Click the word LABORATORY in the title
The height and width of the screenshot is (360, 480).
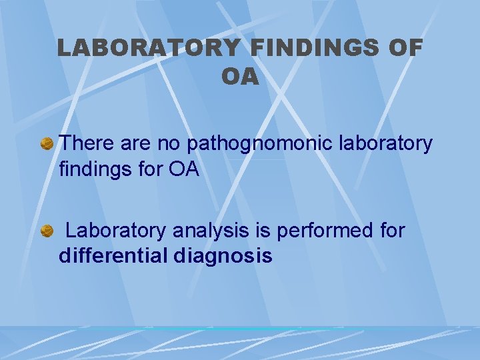(147, 48)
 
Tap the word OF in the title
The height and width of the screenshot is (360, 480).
(405, 48)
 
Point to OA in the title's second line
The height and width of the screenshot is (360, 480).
(240, 77)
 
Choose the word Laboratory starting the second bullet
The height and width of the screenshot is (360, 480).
(116, 231)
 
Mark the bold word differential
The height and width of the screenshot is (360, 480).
(114, 256)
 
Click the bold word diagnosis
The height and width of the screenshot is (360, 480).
(223, 256)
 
